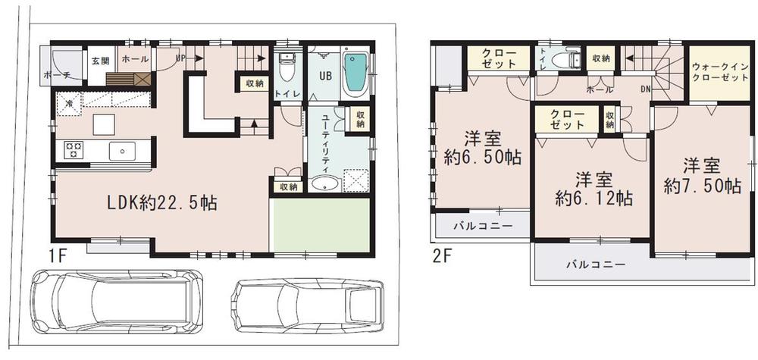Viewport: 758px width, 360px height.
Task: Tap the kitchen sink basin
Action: click(121, 151)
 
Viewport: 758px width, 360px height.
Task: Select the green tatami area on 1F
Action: click(321, 225)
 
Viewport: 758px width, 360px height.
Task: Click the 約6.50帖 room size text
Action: click(482, 158)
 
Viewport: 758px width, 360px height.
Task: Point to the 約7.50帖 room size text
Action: click(702, 184)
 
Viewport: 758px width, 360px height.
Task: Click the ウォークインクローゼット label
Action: click(719, 73)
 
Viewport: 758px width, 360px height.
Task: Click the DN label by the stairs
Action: click(644, 89)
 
